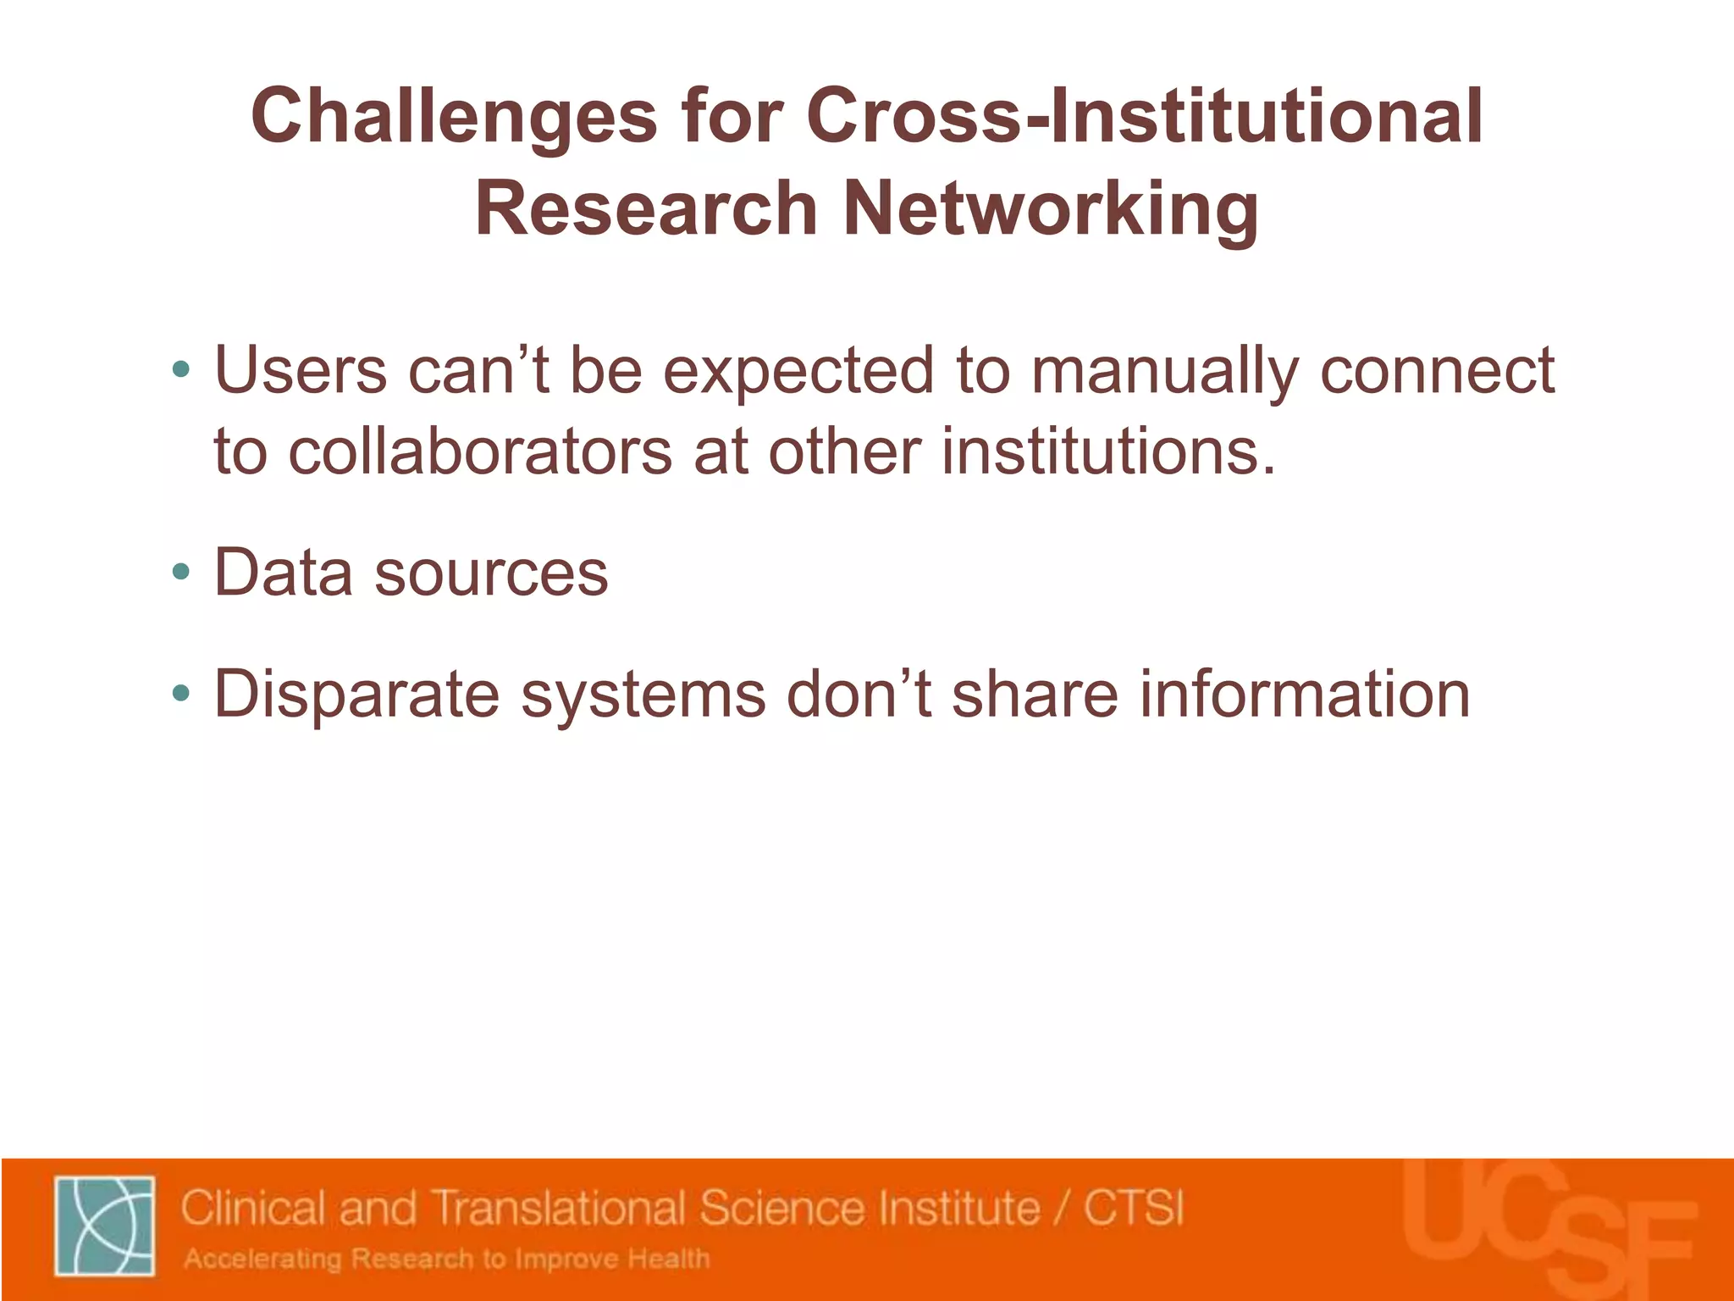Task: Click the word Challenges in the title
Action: [454, 117]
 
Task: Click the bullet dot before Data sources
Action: [180, 572]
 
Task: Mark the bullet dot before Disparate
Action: [180, 694]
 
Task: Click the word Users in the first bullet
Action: [301, 370]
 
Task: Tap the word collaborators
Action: [480, 451]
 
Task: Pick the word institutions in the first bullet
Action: [1107, 451]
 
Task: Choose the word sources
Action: [491, 573]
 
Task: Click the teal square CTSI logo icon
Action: [105, 1225]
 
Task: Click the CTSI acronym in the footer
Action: [1134, 1207]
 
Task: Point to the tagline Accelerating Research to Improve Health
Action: [447, 1259]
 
